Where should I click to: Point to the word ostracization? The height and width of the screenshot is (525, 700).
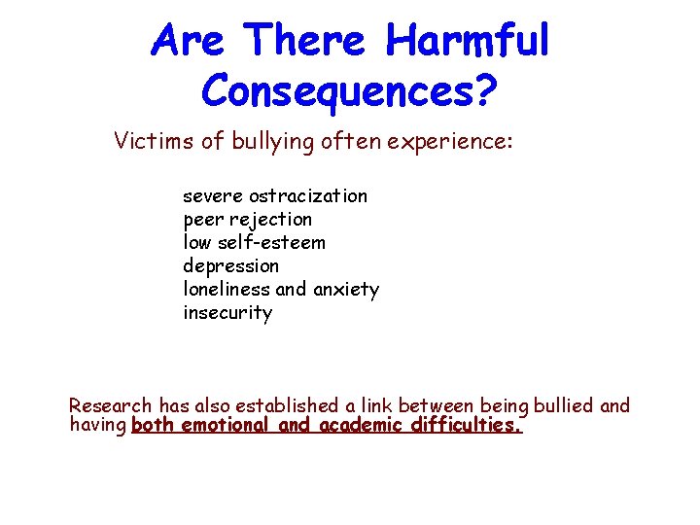(x=308, y=196)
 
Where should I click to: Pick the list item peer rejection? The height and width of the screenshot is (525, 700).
(x=247, y=220)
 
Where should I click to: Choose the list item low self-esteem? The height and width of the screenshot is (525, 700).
(x=254, y=242)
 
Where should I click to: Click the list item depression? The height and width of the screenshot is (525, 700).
(x=230, y=265)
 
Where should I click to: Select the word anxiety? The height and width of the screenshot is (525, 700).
(x=346, y=290)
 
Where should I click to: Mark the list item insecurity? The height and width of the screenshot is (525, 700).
(x=227, y=313)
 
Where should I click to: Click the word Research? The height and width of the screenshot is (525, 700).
(x=111, y=405)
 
